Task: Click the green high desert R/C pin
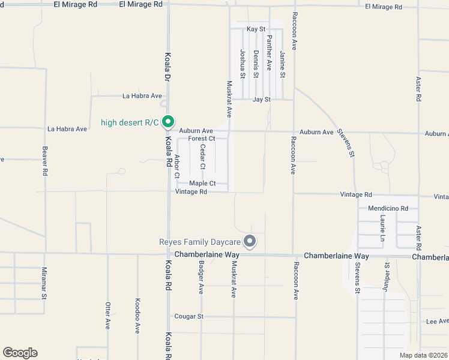point(169,122)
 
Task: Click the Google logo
point(20,353)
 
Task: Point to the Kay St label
point(256,29)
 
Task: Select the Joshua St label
point(243,64)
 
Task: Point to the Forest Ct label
point(201,139)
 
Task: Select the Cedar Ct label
point(203,156)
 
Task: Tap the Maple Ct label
point(202,183)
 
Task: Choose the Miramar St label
point(44,283)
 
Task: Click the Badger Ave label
point(201,276)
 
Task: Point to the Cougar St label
point(189,316)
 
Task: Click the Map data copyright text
point(423,355)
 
